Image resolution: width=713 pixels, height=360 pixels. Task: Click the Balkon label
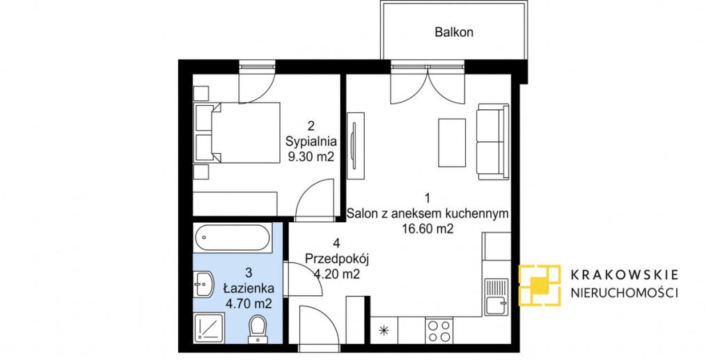point(454,32)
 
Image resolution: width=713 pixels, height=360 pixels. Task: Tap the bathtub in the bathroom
point(233,237)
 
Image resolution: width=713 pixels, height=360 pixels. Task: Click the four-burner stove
point(439,331)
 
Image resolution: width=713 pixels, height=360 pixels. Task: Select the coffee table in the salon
point(451,142)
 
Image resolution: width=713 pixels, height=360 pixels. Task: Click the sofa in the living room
point(492,141)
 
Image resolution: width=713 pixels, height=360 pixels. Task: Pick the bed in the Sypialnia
point(239,133)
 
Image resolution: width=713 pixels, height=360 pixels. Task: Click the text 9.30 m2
point(311,157)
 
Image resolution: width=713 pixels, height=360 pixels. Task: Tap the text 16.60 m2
point(428,230)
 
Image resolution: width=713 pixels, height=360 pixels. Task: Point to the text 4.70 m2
point(249,303)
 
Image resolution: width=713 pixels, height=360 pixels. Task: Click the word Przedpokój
point(336,260)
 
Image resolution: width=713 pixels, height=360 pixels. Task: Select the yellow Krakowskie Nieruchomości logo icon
point(540,285)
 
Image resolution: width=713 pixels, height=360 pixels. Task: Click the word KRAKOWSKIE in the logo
point(625,274)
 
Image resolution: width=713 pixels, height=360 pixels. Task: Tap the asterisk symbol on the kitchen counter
point(384,331)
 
